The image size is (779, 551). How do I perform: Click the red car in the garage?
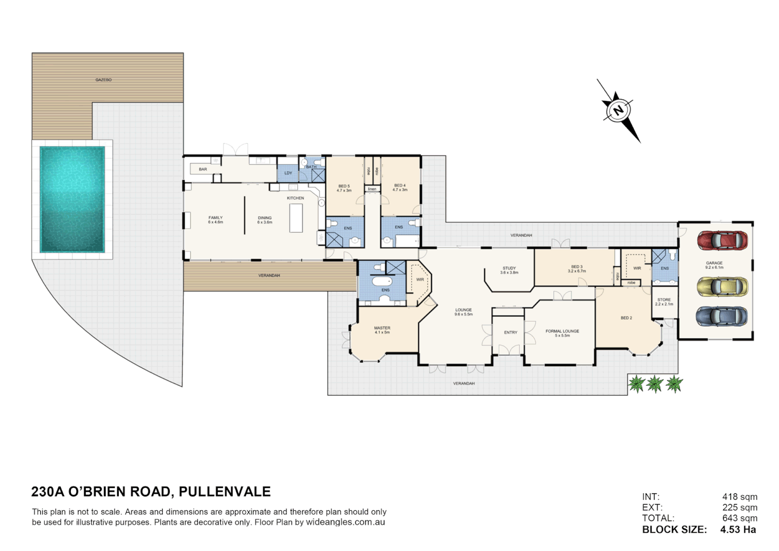[x=722, y=240]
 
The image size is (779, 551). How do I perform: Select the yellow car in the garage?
[x=722, y=286]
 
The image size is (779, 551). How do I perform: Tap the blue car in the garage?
[x=721, y=316]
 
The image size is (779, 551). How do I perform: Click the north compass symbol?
[x=618, y=110]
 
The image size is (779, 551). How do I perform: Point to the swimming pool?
[x=72, y=199]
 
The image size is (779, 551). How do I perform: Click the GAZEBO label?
[x=103, y=80]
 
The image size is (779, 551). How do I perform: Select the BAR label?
[x=203, y=169]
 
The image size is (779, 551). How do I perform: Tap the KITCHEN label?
[x=295, y=198]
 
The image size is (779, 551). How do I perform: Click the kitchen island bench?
[x=296, y=218]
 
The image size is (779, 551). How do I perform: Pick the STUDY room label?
[x=509, y=268]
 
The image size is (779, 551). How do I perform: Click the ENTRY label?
[x=510, y=332]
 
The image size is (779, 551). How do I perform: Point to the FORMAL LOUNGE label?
[x=562, y=331]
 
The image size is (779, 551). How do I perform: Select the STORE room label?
[x=664, y=300]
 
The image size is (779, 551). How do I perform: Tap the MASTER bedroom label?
[x=382, y=328]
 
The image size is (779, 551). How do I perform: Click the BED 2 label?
[x=626, y=318]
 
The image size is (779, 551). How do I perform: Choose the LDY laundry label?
[x=288, y=173]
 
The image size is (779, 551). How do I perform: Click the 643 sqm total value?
[x=739, y=518]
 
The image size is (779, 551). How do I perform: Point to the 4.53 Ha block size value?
[x=738, y=530]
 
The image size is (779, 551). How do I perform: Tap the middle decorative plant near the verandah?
[x=655, y=384]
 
